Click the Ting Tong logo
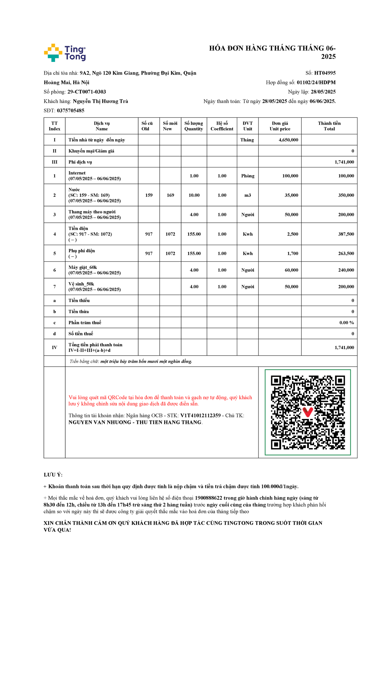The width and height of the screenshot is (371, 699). click(65, 53)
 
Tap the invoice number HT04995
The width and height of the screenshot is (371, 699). click(325, 73)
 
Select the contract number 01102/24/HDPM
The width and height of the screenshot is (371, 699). click(316, 82)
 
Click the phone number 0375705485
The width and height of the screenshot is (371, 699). click(70, 110)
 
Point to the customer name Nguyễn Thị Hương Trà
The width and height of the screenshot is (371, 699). click(100, 101)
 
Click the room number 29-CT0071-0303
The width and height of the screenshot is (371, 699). click(87, 92)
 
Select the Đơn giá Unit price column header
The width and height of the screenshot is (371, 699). click(280, 126)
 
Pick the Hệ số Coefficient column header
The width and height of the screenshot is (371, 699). click(222, 126)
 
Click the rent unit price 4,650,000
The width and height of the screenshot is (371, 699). click(288, 140)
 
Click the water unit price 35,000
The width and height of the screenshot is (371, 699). click(291, 195)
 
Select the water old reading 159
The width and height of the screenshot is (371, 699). click(149, 195)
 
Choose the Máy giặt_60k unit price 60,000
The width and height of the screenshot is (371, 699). click(291, 270)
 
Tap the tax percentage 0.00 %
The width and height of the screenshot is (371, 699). click(346, 322)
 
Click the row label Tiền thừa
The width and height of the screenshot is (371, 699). click(79, 312)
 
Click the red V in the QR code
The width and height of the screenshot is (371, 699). click(308, 412)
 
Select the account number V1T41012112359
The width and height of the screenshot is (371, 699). click(200, 416)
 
